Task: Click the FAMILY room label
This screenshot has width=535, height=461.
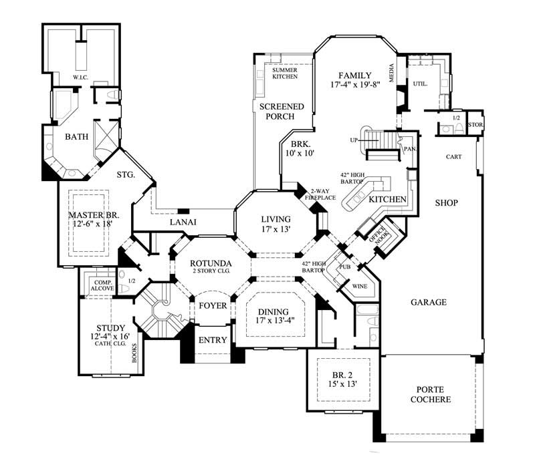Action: pyautogui.click(x=354, y=75)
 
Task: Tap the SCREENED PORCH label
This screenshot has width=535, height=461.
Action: pyautogui.click(x=282, y=112)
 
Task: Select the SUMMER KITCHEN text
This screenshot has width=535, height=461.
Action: pyautogui.click(x=284, y=73)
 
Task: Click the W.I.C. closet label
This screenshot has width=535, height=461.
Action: pyautogui.click(x=82, y=78)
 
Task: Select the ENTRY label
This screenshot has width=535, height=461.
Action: pyautogui.click(x=213, y=340)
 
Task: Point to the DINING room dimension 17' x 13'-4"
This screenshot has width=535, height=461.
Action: pyautogui.click(x=275, y=322)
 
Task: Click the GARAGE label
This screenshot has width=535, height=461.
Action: pyautogui.click(x=429, y=302)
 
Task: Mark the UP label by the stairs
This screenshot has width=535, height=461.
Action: pyautogui.click(x=353, y=140)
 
